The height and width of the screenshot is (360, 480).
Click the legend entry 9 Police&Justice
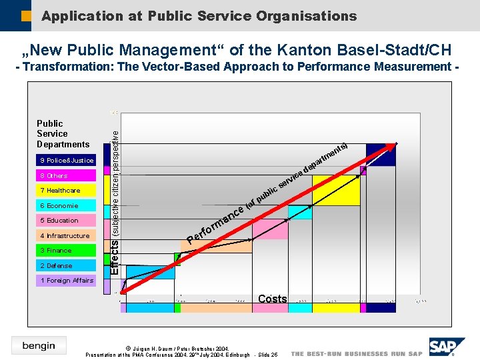tap(66, 161)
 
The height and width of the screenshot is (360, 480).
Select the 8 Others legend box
tap(66, 176)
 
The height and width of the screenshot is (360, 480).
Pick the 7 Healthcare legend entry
tap(66, 191)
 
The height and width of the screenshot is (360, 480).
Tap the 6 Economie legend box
tap(66, 206)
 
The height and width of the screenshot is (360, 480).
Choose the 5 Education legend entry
tap(66, 221)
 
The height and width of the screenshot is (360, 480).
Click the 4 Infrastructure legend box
tap(66, 236)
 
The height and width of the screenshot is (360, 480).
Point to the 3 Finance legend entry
tap(66, 251)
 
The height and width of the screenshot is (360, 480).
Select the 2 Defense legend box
tap(66, 266)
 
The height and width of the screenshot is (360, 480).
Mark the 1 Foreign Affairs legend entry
tap(66, 281)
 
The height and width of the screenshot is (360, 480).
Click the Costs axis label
tap(272, 299)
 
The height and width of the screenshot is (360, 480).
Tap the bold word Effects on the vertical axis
tap(115, 257)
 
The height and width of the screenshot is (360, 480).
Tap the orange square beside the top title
tap(26, 15)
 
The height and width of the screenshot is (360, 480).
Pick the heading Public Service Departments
tap(63, 134)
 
